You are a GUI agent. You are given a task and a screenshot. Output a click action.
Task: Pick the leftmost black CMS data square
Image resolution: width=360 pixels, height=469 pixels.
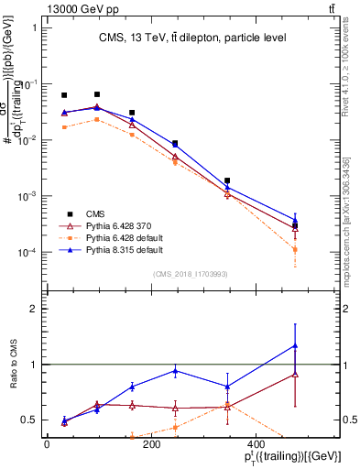pos(64,95)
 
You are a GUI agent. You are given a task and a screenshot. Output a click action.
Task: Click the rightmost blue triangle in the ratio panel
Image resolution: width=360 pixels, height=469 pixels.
pos(294,345)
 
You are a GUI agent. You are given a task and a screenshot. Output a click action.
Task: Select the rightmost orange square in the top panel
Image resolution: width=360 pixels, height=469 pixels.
pos(294,249)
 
